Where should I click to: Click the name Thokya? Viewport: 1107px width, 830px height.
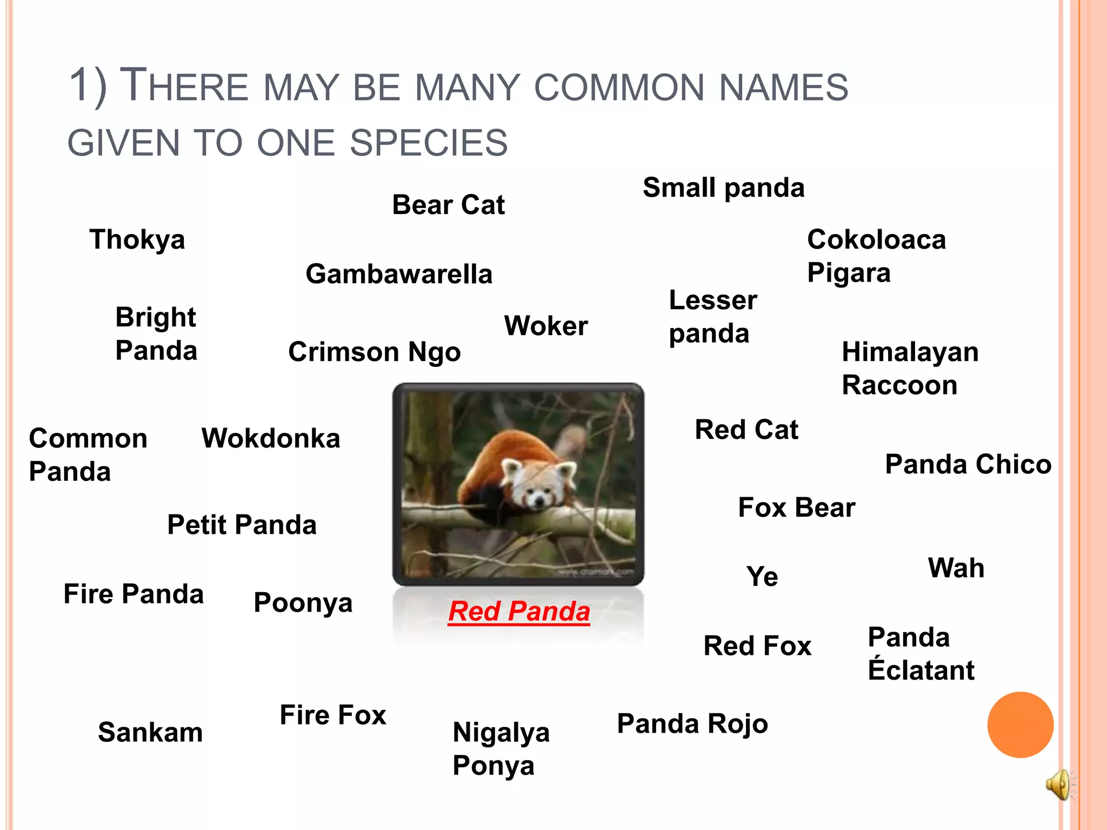click(137, 239)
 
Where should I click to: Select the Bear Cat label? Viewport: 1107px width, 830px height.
click(448, 205)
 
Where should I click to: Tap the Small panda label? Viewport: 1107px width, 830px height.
click(723, 188)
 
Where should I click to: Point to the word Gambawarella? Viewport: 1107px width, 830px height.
click(399, 274)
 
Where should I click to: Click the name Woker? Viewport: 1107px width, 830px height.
click(546, 326)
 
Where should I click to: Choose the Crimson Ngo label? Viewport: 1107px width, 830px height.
click(374, 352)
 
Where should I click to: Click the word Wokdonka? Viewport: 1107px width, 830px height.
click(271, 438)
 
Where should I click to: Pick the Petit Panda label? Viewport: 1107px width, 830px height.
click(242, 525)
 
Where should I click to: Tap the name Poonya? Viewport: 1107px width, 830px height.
click(303, 603)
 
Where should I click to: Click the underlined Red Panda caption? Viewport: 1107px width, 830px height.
click(519, 611)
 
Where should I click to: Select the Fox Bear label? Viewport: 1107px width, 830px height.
click(797, 507)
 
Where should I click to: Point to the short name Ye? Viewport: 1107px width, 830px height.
click(762, 577)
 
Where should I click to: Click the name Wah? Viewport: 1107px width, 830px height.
click(956, 568)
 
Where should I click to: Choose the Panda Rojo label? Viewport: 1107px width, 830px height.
click(692, 724)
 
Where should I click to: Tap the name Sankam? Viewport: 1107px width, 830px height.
click(150, 732)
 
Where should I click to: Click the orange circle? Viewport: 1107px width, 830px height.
click(1020, 725)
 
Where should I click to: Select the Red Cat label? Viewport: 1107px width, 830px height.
click(746, 430)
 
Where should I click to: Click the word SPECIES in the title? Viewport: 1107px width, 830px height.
click(429, 143)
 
